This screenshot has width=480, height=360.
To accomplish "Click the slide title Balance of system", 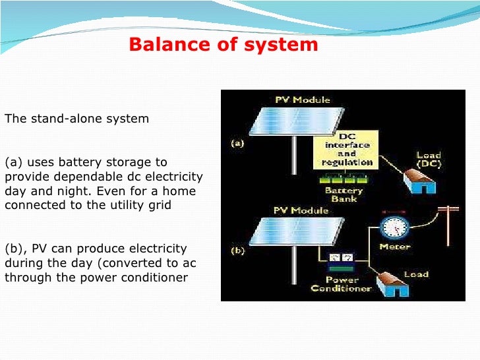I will (223, 45).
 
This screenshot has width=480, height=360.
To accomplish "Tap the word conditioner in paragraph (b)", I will (159, 277).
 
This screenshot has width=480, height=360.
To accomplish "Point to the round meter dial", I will (394, 226).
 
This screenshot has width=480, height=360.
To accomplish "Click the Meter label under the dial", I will (394, 247).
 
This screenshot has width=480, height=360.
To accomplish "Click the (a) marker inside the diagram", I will (238, 143).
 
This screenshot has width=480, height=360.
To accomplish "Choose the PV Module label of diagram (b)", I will (301, 210).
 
